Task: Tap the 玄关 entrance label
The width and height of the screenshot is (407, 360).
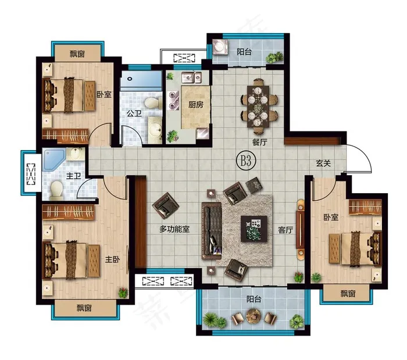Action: click(x=323, y=163)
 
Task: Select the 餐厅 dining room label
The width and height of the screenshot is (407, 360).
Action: click(x=259, y=142)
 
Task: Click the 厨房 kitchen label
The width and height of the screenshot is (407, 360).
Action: click(x=196, y=105)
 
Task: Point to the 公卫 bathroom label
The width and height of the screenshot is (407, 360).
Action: click(x=134, y=113)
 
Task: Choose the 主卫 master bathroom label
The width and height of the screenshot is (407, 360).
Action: click(x=73, y=176)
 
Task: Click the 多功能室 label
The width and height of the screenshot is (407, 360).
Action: click(x=174, y=229)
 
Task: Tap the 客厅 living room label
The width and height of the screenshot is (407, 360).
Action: click(x=285, y=230)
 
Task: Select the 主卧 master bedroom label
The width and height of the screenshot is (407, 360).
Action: click(x=112, y=259)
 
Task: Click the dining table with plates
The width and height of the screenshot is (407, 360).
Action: click(x=258, y=106)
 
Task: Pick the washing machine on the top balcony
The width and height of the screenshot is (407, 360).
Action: click(x=220, y=47)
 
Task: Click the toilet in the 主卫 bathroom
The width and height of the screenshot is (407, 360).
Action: click(x=56, y=190)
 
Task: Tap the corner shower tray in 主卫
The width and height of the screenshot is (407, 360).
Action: click(x=53, y=160)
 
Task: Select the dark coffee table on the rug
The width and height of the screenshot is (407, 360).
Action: click(x=254, y=229)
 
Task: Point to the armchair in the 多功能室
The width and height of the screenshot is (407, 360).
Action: click(x=166, y=205)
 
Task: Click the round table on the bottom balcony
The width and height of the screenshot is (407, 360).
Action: click(x=253, y=316)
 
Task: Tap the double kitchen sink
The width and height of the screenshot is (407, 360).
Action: click(x=191, y=77)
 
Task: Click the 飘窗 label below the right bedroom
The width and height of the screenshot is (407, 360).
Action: click(x=348, y=294)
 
